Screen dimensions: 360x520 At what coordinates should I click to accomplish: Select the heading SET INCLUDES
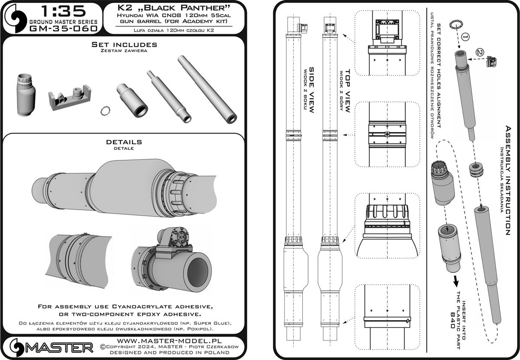pyautogui.click(x=124, y=45)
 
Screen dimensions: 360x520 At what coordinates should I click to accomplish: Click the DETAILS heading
pyautogui.click(x=124, y=142)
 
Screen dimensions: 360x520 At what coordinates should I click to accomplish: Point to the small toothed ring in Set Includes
pyautogui.click(x=104, y=111)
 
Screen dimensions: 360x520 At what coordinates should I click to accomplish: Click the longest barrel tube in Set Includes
pyautogui.click(x=208, y=89)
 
